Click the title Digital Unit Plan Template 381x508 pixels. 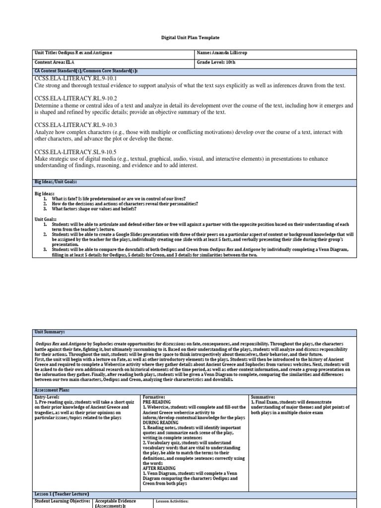[190, 37]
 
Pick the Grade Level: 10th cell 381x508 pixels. [216, 63]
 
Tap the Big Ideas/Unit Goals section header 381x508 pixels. [56, 183]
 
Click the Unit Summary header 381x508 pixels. [50, 331]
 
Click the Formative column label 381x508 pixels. [154, 397]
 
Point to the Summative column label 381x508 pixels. [263, 397]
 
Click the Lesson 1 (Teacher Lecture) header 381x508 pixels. [62, 494]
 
